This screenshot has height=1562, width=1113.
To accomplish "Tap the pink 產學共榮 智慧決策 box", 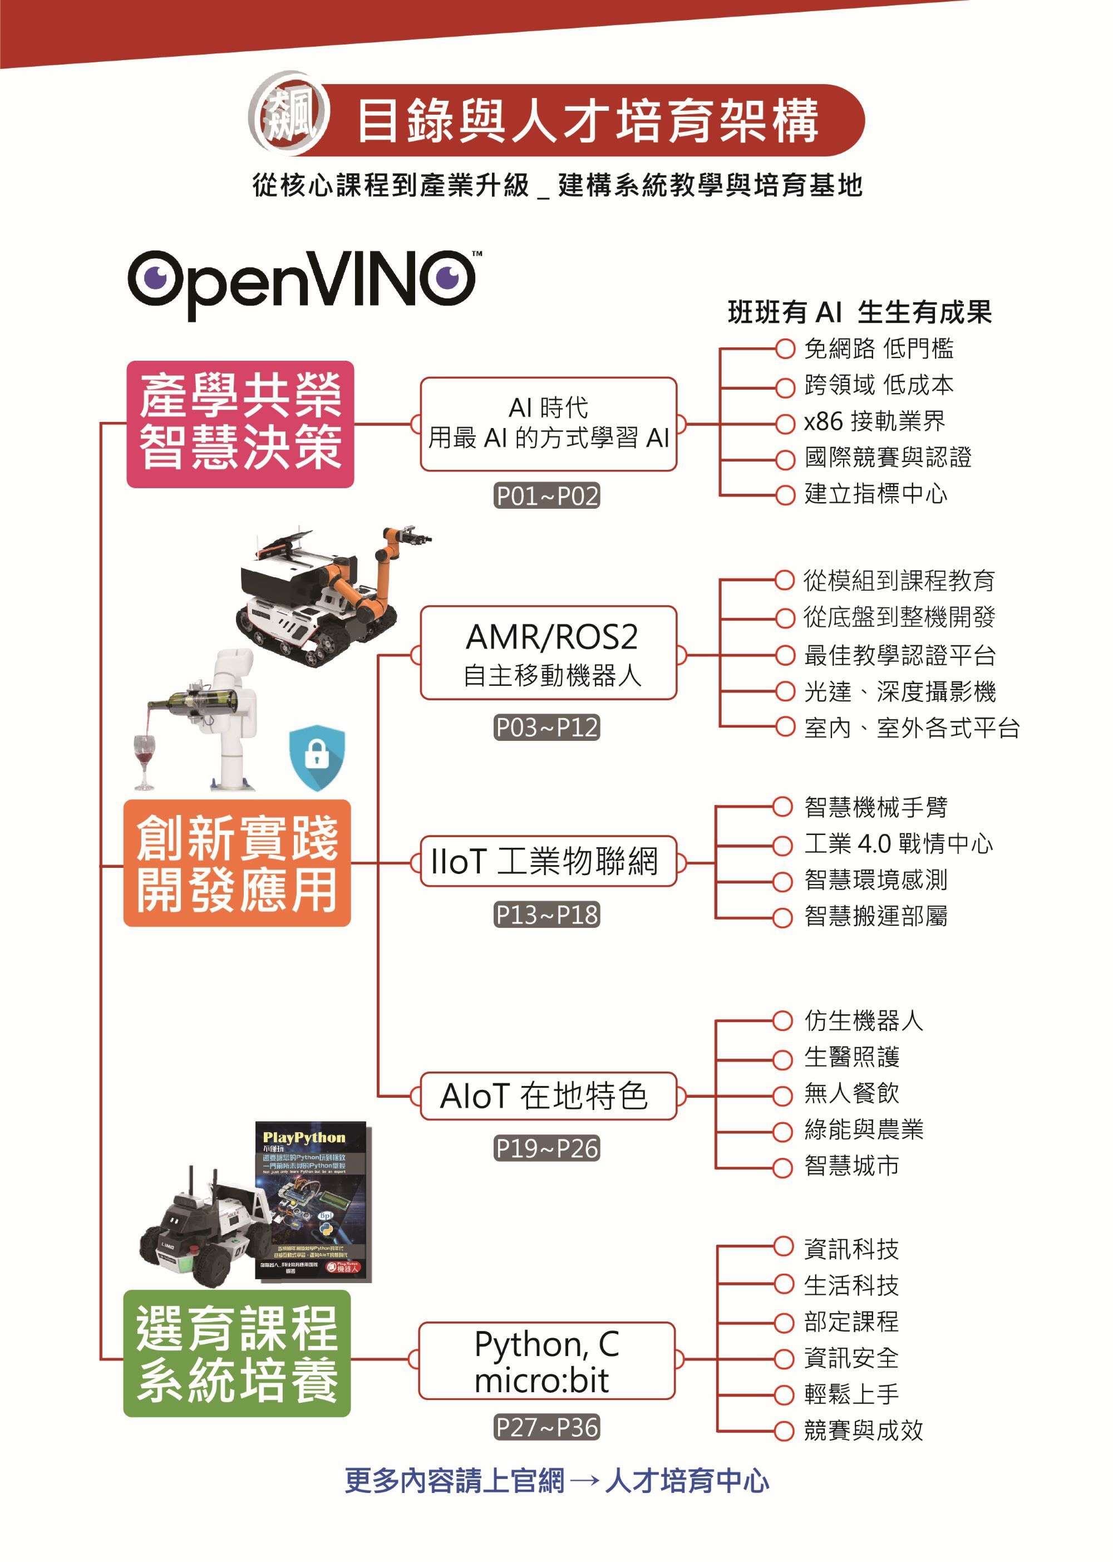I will click(x=240, y=424).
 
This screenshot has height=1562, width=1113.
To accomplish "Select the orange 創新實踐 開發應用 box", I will click(x=237, y=862).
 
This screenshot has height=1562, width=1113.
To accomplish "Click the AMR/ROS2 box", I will click(x=548, y=652).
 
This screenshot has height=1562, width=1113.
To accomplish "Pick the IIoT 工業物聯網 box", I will click(x=548, y=861).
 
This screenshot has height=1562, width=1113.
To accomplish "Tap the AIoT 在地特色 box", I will click(x=548, y=1096).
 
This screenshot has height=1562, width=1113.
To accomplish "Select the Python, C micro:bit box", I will click(x=547, y=1360).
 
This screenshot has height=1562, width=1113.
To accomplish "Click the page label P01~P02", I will click(x=547, y=495).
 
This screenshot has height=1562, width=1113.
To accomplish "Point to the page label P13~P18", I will click(x=547, y=914).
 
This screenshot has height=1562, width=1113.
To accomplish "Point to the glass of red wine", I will click(x=144, y=759).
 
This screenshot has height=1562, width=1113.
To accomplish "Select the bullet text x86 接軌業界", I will click(x=874, y=421).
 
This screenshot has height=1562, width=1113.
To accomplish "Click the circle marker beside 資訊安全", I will click(x=784, y=1358).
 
